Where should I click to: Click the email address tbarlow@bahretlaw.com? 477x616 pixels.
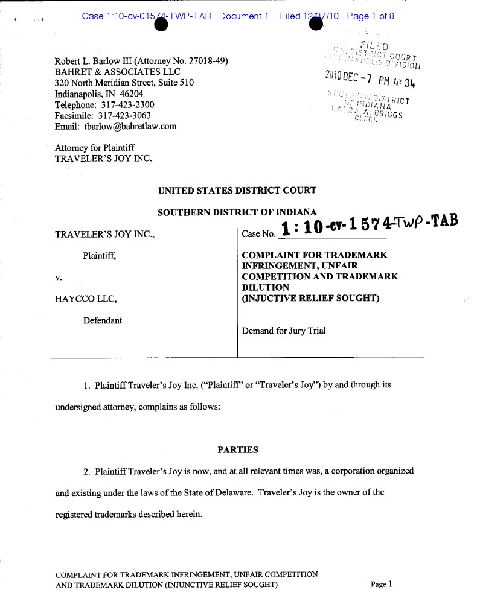point(126,127)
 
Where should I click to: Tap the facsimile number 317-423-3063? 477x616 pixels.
point(124,116)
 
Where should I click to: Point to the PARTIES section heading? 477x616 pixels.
point(237,450)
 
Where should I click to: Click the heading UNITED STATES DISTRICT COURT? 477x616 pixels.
point(237,191)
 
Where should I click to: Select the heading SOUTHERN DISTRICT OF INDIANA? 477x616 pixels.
point(237,212)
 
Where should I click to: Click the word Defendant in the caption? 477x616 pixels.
point(103,321)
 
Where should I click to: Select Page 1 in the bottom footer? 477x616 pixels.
point(382,584)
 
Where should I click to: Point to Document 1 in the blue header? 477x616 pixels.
point(243,16)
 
